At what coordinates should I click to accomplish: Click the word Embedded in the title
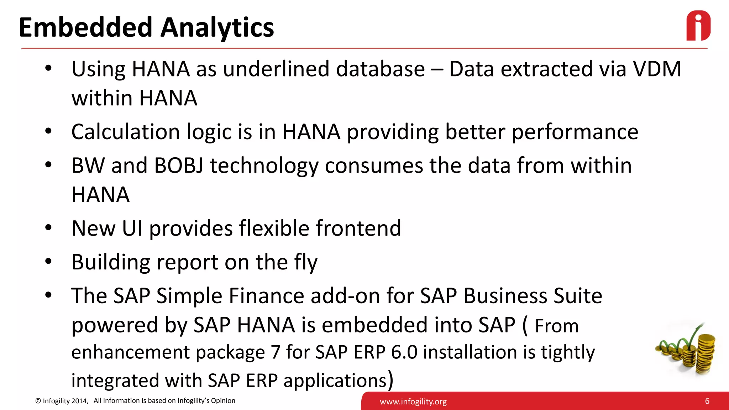pos(85,27)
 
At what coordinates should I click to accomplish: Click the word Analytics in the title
pos(217,27)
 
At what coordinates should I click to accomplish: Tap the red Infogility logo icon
pos(698,26)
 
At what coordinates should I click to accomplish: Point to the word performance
pos(575,132)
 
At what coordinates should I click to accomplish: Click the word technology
pos(264,166)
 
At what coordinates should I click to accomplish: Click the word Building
pos(111,262)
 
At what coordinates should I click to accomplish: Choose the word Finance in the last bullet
pos(266,296)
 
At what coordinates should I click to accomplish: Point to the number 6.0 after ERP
pos(404,352)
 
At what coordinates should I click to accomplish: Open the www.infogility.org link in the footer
pos(413,402)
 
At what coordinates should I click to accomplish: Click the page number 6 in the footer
pos(707,401)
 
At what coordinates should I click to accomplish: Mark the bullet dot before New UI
pos(49,228)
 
